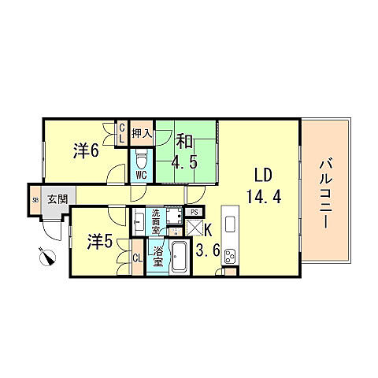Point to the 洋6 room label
[86, 150]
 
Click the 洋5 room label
[98, 241]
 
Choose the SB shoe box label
[35, 200]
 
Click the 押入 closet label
[141, 134]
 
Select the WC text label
[142, 175]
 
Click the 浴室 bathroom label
[157, 258]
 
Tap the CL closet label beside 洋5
[136, 258]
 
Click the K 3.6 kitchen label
[208, 241]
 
